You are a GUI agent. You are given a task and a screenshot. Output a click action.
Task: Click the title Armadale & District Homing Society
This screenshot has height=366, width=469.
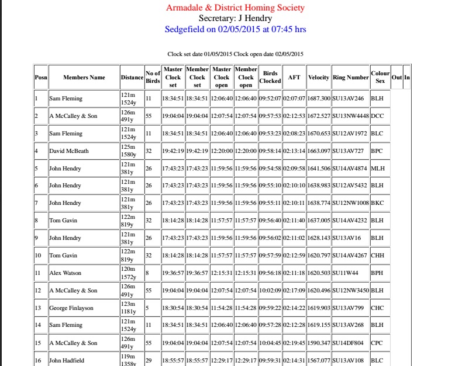pos(235,8)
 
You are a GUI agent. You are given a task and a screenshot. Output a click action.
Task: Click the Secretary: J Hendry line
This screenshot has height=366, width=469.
pos(235,18)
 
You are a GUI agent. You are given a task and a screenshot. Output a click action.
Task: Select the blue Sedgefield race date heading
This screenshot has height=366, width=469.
pos(235,29)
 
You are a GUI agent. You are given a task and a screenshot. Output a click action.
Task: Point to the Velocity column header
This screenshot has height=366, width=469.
pos(319,77)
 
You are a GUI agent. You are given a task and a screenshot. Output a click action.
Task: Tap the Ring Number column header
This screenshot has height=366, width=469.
pos(350,77)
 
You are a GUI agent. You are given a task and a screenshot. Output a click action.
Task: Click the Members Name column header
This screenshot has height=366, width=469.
pos(84,77)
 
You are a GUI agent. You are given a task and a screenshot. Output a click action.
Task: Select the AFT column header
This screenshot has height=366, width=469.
pos(294,77)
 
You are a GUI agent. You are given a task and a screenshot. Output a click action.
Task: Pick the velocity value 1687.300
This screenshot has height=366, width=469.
pos(319,99)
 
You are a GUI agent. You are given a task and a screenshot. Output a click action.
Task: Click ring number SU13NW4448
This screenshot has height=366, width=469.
pos(350,116)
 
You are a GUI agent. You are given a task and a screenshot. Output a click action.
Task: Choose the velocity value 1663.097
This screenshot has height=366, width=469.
pos(319,151)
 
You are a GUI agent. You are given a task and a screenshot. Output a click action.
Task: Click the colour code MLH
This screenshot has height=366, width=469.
pos(377,169)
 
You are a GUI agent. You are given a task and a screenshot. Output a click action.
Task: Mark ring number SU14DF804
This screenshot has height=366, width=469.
pos(347,343)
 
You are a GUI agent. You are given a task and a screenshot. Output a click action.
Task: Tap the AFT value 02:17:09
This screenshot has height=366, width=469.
pos(294,291)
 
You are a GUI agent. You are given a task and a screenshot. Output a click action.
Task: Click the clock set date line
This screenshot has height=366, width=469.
pos(235,54)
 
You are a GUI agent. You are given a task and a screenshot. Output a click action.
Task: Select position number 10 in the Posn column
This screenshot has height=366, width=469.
pos(39,256)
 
